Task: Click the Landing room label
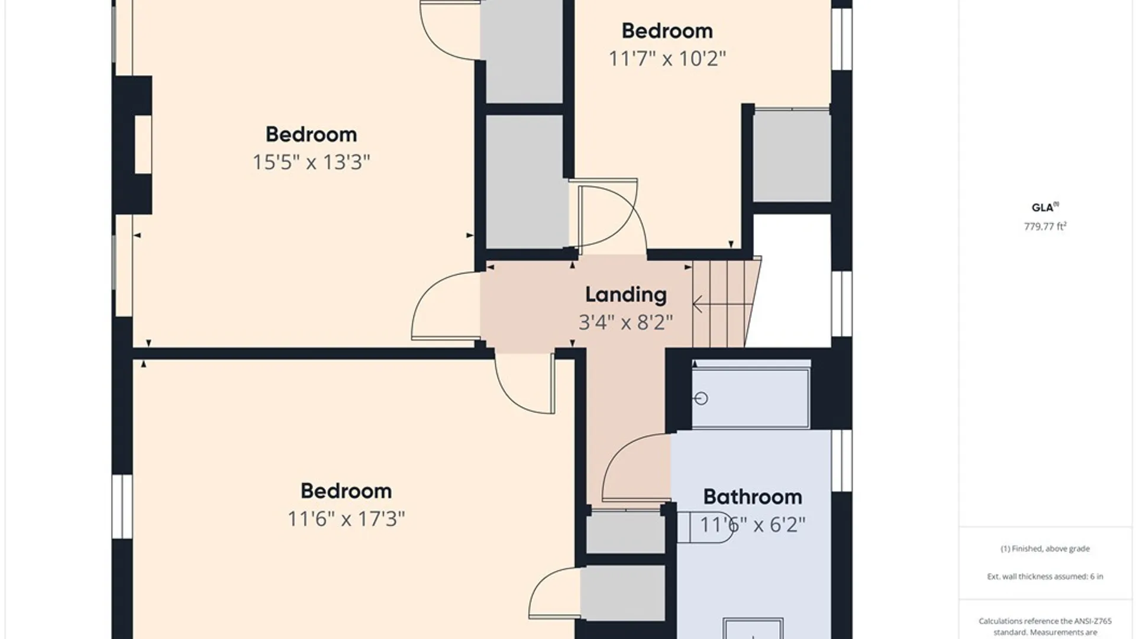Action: (625, 295)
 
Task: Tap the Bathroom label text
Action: (753, 497)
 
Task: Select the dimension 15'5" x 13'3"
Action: (311, 162)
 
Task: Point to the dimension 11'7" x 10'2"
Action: (667, 59)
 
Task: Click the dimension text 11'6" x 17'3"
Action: (346, 519)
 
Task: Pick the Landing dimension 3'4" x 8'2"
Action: (625, 322)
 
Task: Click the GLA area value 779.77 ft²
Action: (1045, 226)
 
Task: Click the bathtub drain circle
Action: (701, 398)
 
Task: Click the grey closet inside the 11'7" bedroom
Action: (792, 156)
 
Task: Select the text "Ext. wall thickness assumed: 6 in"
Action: (1045, 576)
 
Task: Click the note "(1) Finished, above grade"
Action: (1045, 548)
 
